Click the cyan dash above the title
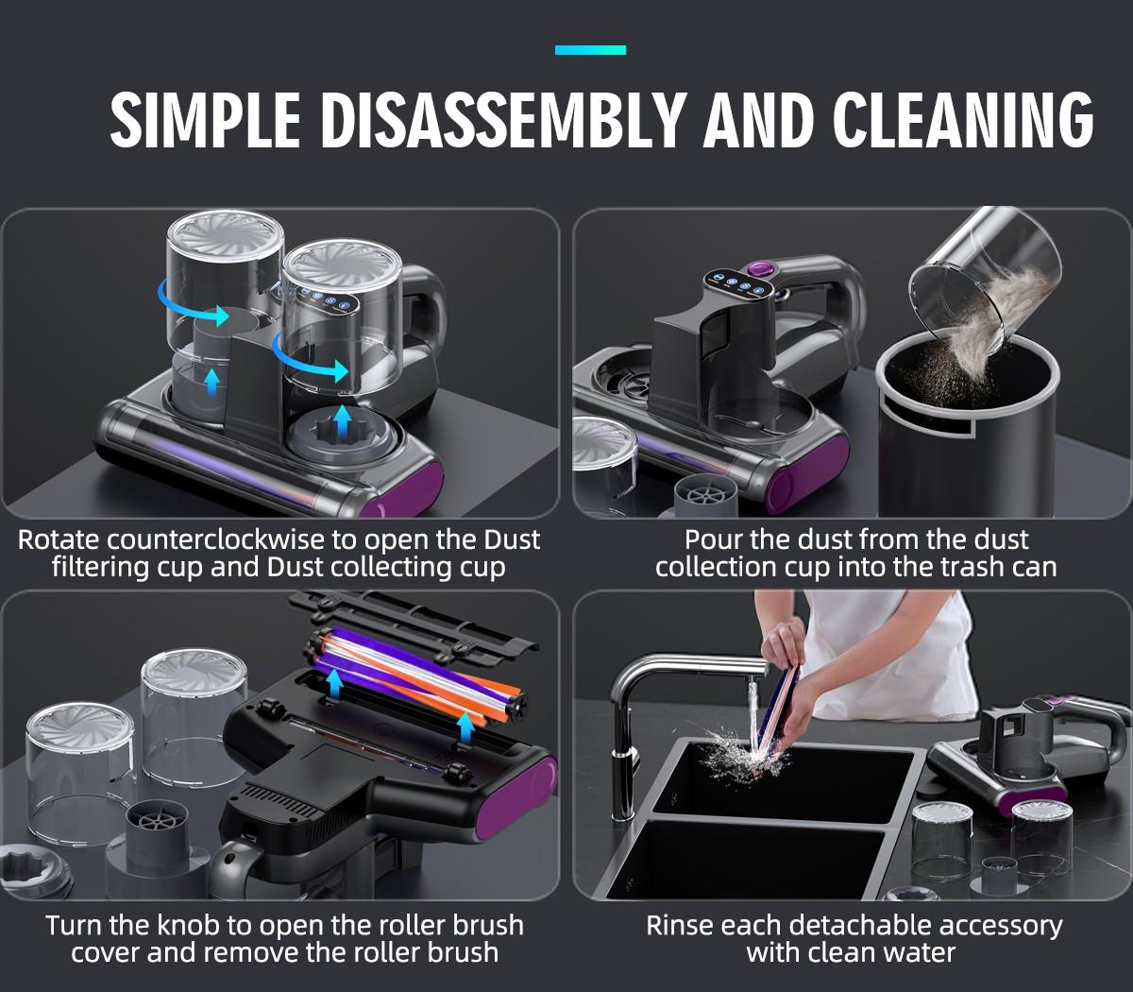pyautogui.click(x=590, y=50)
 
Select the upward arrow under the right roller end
pyautogui.click(x=465, y=729)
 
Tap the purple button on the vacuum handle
pyautogui.click(x=758, y=271)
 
